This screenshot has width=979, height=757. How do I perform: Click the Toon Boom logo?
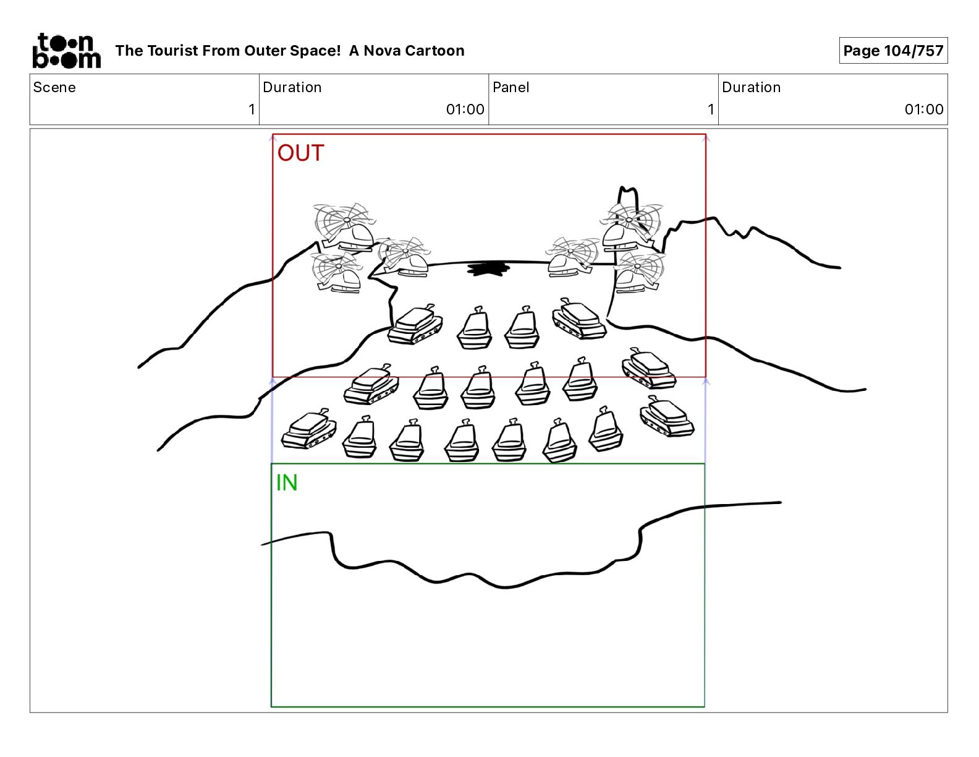(x=66, y=51)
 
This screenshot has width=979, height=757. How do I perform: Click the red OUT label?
(x=300, y=153)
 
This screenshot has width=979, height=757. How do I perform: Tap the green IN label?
(x=287, y=483)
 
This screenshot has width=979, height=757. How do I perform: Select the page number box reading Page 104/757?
(x=893, y=51)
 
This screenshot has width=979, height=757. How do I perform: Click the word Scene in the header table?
(x=54, y=87)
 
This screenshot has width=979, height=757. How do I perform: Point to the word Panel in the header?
(x=511, y=87)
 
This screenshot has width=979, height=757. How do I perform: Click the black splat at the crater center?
(x=488, y=269)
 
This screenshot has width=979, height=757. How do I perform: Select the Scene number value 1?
(x=252, y=109)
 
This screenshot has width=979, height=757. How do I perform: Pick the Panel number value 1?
(x=711, y=109)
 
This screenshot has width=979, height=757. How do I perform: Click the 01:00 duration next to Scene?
(x=465, y=109)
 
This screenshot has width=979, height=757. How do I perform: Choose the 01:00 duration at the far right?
(x=923, y=109)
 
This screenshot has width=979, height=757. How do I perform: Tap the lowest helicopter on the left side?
(x=337, y=272)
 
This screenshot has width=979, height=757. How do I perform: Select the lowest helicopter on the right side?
(x=639, y=272)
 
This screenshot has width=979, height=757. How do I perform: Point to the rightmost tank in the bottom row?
(x=667, y=416)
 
